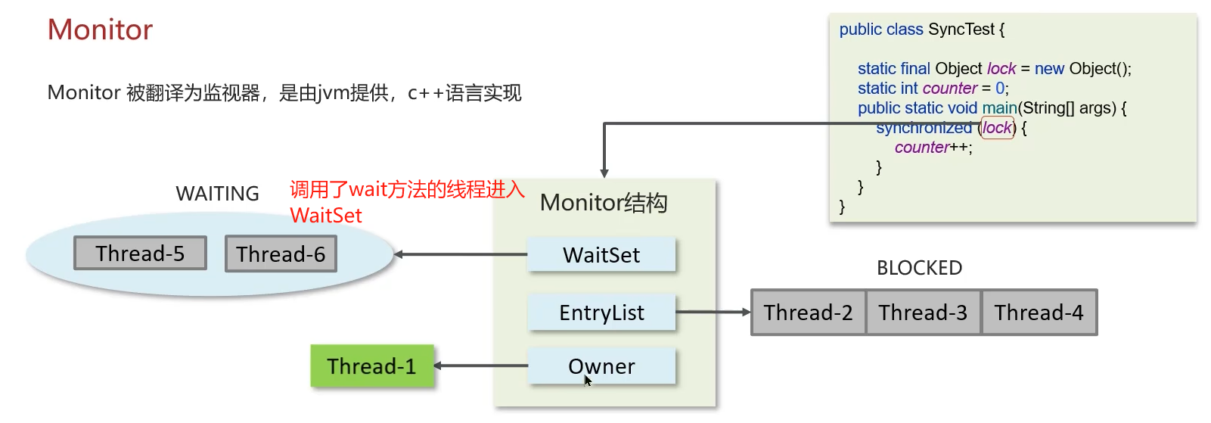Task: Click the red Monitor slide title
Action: pos(100,30)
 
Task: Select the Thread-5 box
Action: pos(140,253)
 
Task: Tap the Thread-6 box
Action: pos(281,254)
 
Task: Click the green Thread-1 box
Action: pos(372,366)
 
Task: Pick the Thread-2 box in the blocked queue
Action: pos(808,313)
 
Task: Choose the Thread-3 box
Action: pos(923,313)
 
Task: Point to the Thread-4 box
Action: pos(1039,313)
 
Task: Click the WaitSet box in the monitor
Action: pos(601,255)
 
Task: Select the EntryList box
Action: pos(601,313)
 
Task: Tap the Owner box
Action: pos(601,366)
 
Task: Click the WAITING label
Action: pos(217,194)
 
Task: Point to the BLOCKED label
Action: pos(919,268)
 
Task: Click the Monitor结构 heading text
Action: pos(604,203)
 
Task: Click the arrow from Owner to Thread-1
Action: pos(481,365)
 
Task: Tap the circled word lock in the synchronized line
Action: pos(997,128)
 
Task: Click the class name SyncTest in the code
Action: pos(961,30)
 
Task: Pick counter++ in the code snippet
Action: pos(933,148)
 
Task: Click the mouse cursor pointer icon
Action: pos(588,380)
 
